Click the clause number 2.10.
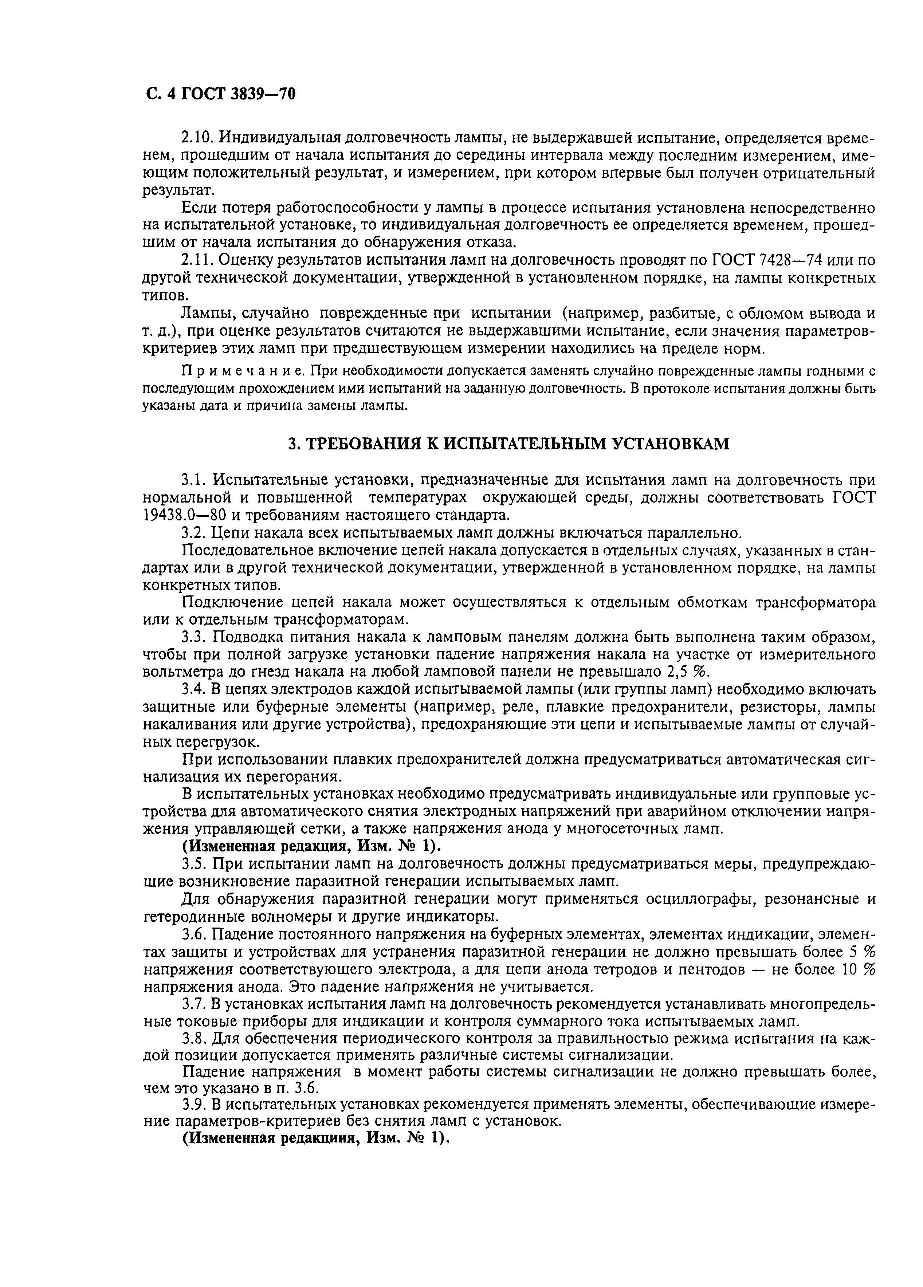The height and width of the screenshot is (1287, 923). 197,138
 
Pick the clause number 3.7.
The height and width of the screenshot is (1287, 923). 193,1004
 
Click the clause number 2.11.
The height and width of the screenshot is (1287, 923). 196,260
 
